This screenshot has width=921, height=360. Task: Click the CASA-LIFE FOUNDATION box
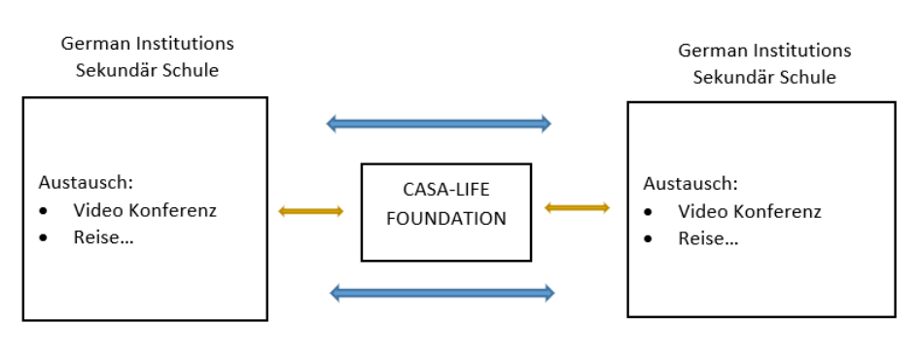[x=446, y=211]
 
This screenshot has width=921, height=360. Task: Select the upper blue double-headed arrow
[x=439, y=124]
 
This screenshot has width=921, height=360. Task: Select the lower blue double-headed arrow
[x=443, y=292]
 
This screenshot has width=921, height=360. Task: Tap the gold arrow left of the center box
[x=310, y=211]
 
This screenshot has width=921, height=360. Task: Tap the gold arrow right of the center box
[x=577, y=207]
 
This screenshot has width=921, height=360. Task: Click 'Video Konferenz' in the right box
[x=750, y=211]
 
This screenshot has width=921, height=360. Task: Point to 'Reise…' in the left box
[x=102, y=236]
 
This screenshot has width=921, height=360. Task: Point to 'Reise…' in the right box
[x=708, y=238]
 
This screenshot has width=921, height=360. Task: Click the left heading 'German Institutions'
[x=147, y=44]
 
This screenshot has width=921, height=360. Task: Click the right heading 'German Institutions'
[x=763, y=50]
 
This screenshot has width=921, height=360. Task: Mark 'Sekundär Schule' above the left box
[x=147, y=71]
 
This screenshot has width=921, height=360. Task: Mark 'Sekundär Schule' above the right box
[x=763, y=77]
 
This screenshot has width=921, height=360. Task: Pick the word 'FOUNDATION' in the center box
[x=446, y=219]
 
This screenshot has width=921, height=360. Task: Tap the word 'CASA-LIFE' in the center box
[x=446, y=192]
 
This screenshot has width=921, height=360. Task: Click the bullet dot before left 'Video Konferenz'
[x=44, y=210]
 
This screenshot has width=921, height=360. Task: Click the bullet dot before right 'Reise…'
[x=650, y=239]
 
